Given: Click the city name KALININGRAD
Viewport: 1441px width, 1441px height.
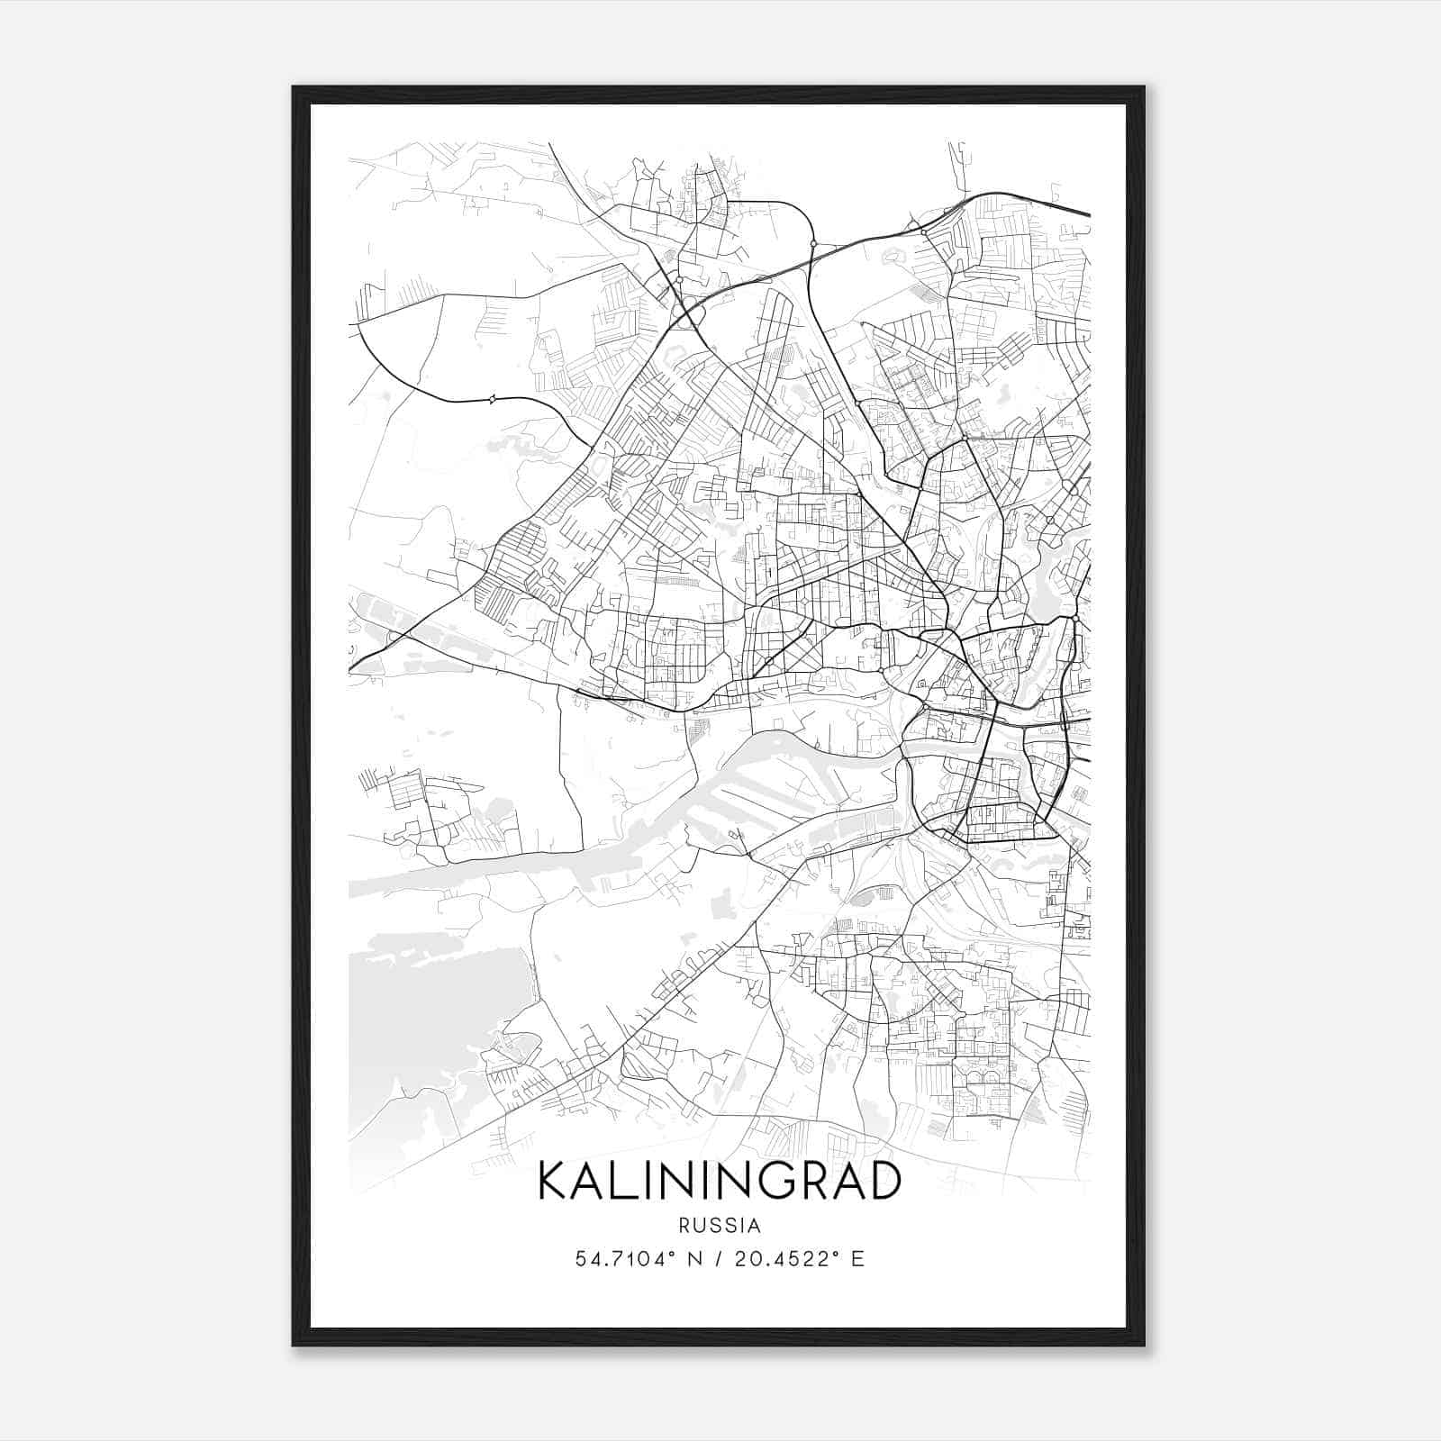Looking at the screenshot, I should [x=719, y=1180].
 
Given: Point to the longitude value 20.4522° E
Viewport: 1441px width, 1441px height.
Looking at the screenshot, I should [x=800, y=1259].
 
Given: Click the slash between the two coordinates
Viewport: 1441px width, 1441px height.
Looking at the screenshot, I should [x=719, y=1259].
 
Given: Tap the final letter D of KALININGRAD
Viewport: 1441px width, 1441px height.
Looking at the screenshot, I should [x=884, y=1180].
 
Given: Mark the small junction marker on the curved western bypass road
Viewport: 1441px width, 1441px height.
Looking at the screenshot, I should [x=492, y=399].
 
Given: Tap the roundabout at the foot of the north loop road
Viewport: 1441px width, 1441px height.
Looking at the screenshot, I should [x=813, y=243].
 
